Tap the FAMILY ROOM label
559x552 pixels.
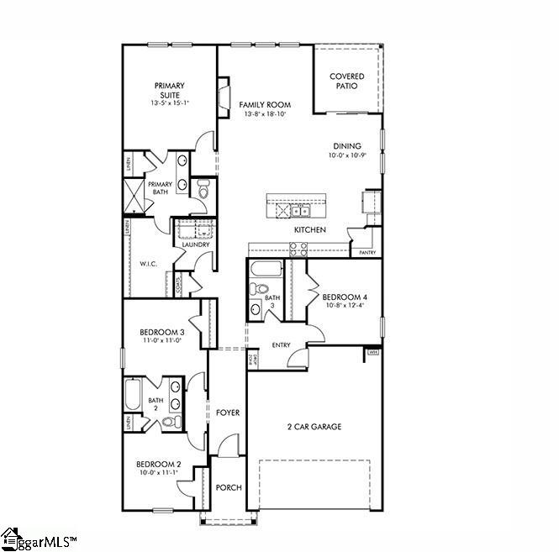tap(264, 105)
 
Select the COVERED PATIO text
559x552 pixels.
tap(347, 81)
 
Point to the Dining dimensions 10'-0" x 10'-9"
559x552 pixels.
tap(346, 155)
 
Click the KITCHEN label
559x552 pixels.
tap(309, 229)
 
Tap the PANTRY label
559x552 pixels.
tap(367, 252)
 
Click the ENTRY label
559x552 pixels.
tap(281, 344)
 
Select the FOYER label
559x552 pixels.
tap(227, 413)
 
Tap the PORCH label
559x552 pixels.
tap(228, 487)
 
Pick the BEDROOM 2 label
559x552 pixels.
tap(159, 464)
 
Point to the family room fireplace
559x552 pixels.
tap(224, 96)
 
